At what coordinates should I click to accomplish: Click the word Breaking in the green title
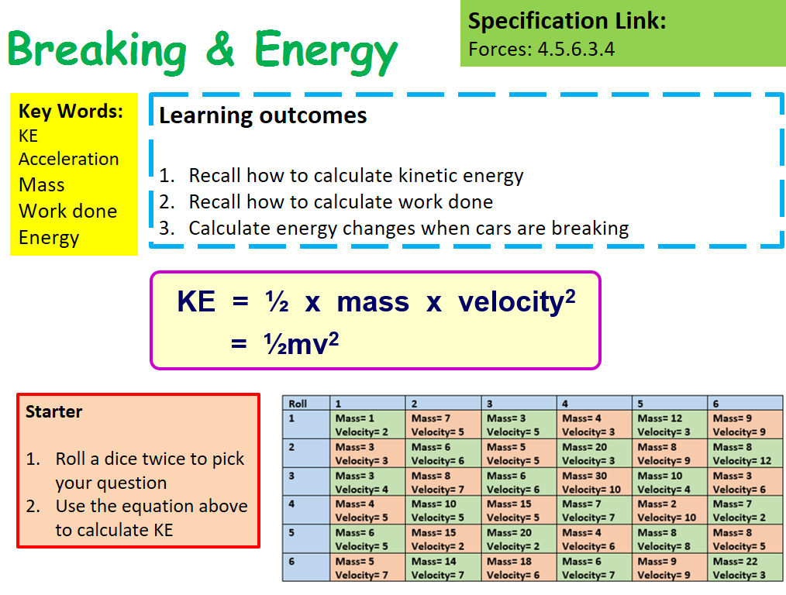click(97, 50)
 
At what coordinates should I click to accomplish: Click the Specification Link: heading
click(567, 21)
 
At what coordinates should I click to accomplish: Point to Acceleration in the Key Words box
click(69, 159)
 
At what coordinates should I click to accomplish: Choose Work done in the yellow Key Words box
click(67, 211)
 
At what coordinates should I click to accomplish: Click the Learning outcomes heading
click(263, 115)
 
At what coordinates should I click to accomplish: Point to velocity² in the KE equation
click(516, 301)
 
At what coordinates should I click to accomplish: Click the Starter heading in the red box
click(53, 411)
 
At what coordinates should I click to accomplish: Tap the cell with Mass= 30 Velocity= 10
click(594, 482)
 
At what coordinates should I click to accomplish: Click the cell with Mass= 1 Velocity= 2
click(367, 425)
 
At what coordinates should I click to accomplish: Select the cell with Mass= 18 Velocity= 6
click(518, 568)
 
